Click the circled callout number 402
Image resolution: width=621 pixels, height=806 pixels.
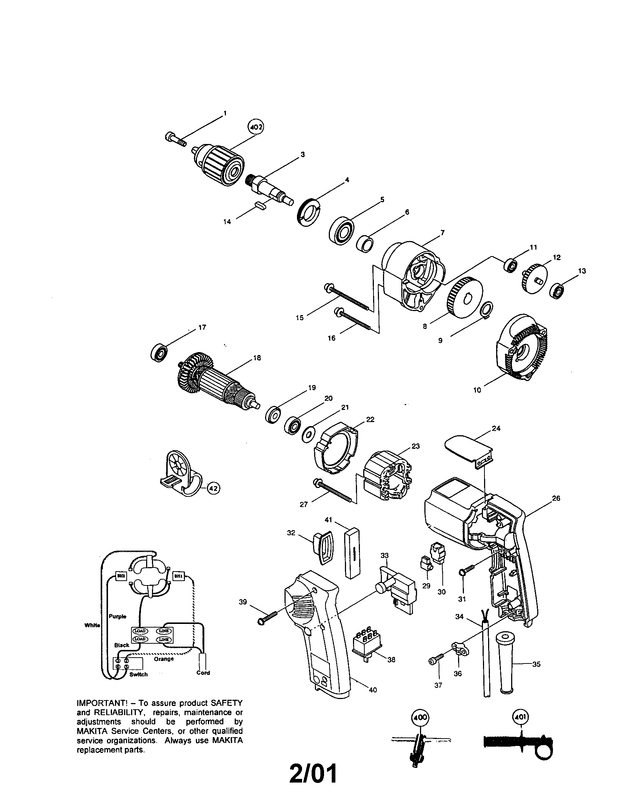[255, 128]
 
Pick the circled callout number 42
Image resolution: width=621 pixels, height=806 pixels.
[213, 488]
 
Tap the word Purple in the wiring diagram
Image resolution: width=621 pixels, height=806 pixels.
[118, 616]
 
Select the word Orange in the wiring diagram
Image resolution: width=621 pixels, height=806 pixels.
[164, 659]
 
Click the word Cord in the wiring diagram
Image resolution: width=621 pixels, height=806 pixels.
[203, 673]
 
